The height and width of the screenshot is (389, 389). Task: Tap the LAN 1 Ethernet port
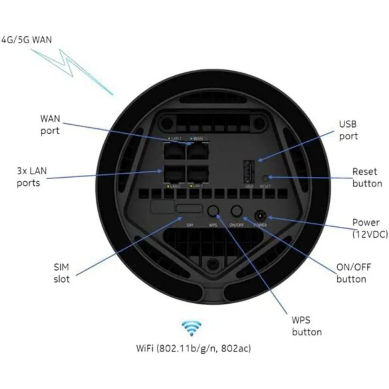[x=174, y=152]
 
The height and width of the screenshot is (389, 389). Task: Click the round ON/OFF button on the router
[x=237, y=211]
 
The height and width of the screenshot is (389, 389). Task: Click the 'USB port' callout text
[x=348, y=130]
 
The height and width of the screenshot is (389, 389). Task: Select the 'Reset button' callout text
[x=367, y=177]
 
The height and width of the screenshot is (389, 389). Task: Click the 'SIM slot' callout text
[x=61, y=273]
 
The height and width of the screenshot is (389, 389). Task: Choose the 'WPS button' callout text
[x=307, y=326]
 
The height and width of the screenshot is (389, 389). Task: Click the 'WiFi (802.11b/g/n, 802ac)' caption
[x=193, y=348]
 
